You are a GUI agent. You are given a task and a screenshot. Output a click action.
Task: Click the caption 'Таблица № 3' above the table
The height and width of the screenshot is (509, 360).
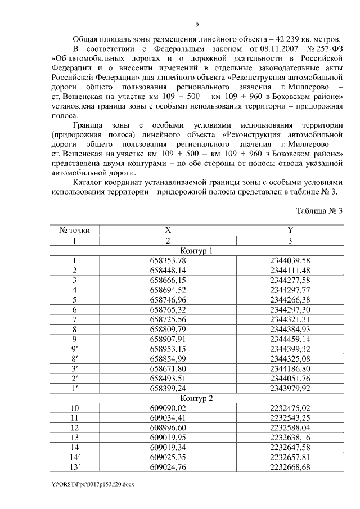pyautogui.click(x=319, y=210)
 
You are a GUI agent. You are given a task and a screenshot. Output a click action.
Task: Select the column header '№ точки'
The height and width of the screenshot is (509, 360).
pyautogui.click(x=74, y=230)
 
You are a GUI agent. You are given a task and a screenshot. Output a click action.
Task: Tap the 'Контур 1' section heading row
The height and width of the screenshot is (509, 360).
pyautogui.click(x=196, y=250)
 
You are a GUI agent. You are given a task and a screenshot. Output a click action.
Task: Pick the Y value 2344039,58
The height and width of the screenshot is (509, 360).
pyautogui.click(x=290, y=260)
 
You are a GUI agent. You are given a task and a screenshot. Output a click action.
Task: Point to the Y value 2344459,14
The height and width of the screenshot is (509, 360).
pyautogui.click(x=290, y=339)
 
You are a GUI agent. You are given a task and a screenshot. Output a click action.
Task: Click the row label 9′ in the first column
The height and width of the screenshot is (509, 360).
pyautogui.click(x=74, y=349)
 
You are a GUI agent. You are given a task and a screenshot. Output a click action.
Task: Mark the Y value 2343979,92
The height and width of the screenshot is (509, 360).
pyautogui.click(x=290, y=388)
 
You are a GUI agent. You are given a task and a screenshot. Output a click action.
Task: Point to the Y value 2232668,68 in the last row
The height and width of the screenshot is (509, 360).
pyautogui.click(x=290, y=467)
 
